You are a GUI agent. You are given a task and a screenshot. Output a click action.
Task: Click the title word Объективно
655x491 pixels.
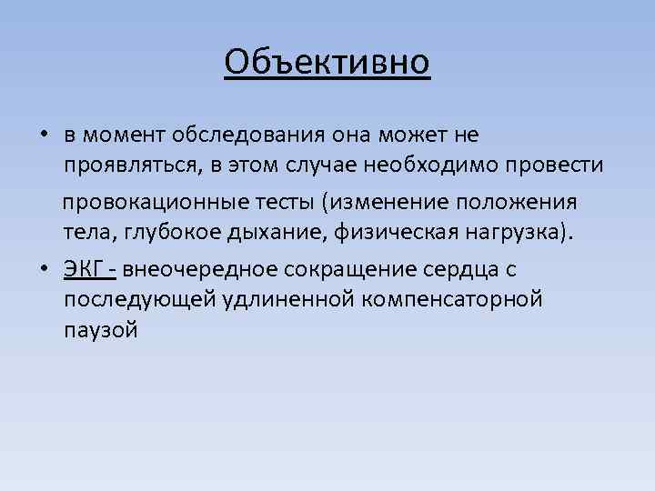tap(327, 62)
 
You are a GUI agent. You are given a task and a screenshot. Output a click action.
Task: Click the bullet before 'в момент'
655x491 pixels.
tap(44, 135)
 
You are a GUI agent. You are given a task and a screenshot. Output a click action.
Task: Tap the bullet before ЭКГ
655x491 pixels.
tap(44, 268)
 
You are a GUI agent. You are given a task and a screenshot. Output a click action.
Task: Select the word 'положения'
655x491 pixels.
tap(539, 199)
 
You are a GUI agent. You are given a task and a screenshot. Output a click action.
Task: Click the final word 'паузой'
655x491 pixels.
tap(101, 331)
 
